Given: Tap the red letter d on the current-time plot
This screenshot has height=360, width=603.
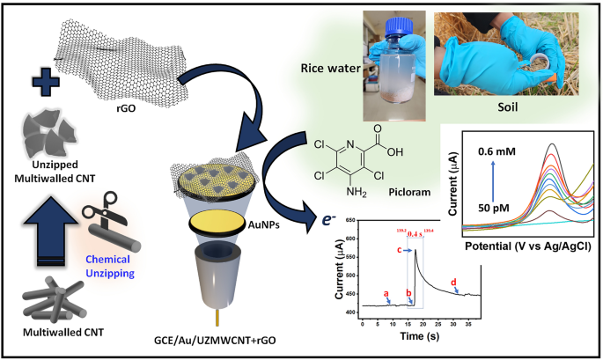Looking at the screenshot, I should point(453,282).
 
